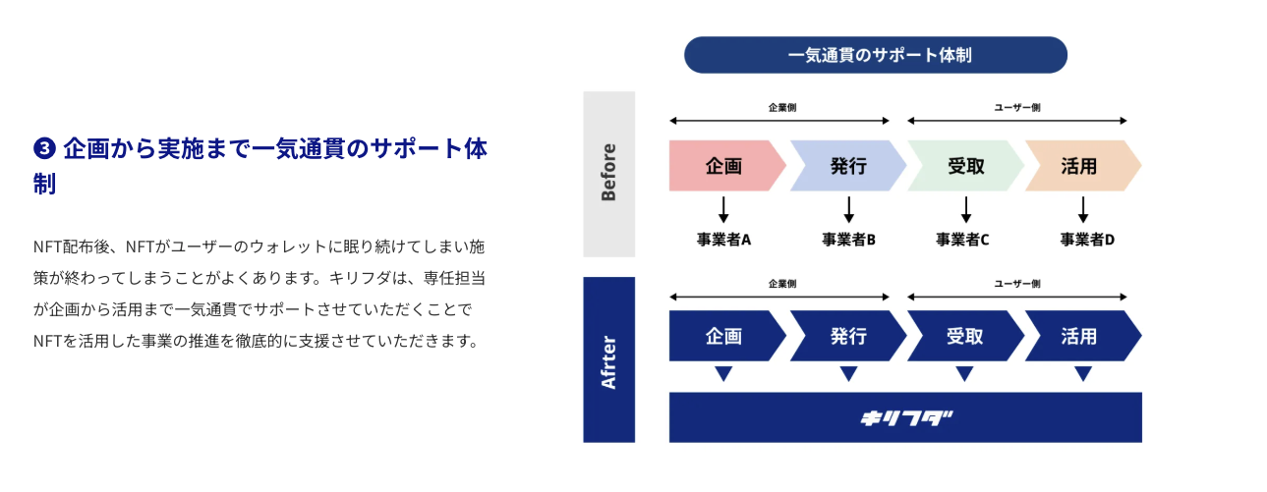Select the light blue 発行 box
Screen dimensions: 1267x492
coord(848,166)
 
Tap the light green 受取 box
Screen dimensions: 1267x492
coord(965,166)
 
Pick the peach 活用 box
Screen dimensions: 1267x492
coord(1082,166)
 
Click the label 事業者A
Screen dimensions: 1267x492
coord(723,240)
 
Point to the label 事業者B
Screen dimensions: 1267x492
coord(848,240)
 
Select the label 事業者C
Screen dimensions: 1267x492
coord(962,240)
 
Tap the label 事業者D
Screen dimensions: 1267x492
coord(1087,240)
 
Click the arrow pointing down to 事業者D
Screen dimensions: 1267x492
coord(1082,209)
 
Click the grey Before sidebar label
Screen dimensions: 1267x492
coord(608,174)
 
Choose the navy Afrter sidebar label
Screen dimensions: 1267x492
coord(608,359)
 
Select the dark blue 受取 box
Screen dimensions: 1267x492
coord(965,336)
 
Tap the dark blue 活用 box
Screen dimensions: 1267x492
coord(1082,336)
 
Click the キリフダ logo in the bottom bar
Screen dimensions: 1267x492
coord(905,418)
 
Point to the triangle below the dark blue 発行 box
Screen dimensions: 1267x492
coord(848,373)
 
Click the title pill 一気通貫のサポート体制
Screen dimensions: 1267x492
coord(876,55)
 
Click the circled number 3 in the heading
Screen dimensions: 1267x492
coord(44,148)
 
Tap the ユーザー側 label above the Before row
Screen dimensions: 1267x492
coord(1017,107)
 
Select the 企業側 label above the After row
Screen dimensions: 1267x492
coord(781,284)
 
